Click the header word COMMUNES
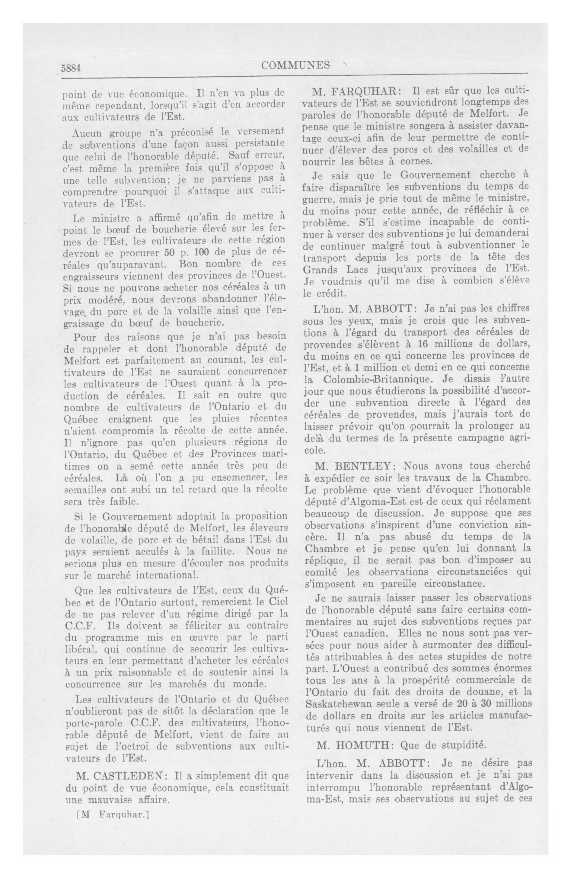pyautogui.click(x=296, y=65)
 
